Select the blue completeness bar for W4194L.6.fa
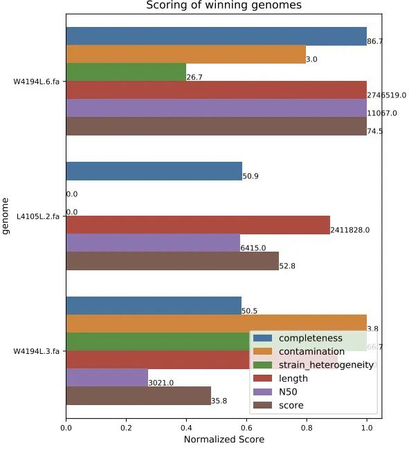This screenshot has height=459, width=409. click(216, 36)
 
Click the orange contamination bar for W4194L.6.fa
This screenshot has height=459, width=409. click(185, 54)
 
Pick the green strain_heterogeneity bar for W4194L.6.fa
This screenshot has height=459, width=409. click(126, 72)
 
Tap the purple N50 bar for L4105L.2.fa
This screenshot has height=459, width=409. click(153, 243)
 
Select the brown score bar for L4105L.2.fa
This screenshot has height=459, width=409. click(172, 261)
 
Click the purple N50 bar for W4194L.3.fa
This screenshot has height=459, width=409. click(107, 377)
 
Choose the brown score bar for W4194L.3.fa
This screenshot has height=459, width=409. click(138, 395)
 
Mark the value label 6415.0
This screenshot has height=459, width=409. click(253, 248)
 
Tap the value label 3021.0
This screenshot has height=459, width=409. click(161, 383)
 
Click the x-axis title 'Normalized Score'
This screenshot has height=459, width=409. click(223, 440)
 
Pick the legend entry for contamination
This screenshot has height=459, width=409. click(311, 351)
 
